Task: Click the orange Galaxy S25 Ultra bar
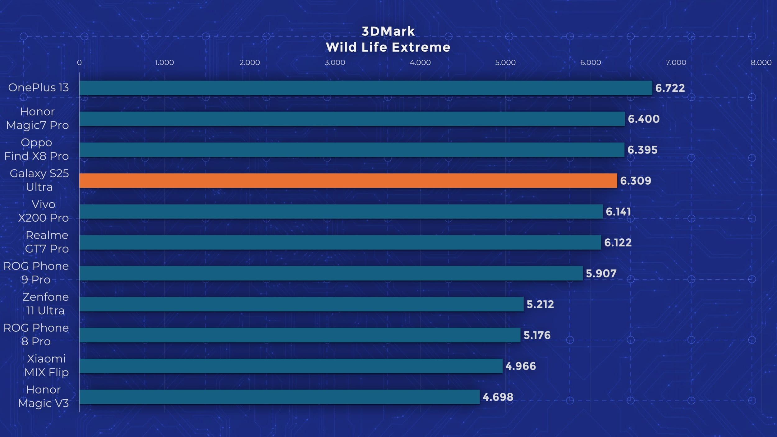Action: [x=348, y=181]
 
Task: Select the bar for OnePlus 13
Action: [x=366, y=88]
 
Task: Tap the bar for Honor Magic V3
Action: [x=279, y=397]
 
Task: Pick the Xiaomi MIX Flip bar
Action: [x=291, y=366]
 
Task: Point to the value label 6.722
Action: [x=670, y=88]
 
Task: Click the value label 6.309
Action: [x=635, y=181]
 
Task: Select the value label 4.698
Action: [x=498, y=397]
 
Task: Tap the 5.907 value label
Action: [x=601, y=274]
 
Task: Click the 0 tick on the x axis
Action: [x=79, y=62]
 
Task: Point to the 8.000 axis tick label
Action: [x=761, y=62]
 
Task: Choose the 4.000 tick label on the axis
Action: [x=420, y=62]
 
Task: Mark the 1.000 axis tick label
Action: [x=164, y=62]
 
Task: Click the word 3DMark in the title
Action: [x=388, y=31]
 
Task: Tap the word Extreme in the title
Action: [x=421, y=48]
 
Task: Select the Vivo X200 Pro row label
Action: [x=43, y=211]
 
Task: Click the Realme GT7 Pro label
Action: [x=47, y=242]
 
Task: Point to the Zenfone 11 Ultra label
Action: [x=45, y=304]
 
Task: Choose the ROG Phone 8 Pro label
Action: [x=36, y=334]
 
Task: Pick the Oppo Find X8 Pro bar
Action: [x=352, y=150]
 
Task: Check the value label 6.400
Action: [x=643, y=119]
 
